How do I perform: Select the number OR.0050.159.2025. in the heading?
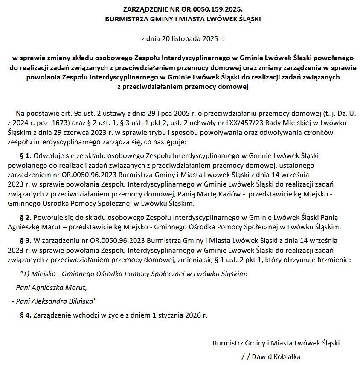(208, 9)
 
